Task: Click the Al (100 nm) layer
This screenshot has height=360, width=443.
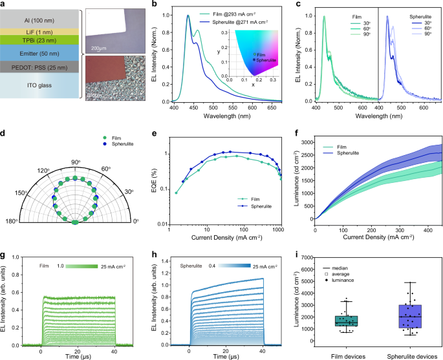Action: click(x=38, y=19)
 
